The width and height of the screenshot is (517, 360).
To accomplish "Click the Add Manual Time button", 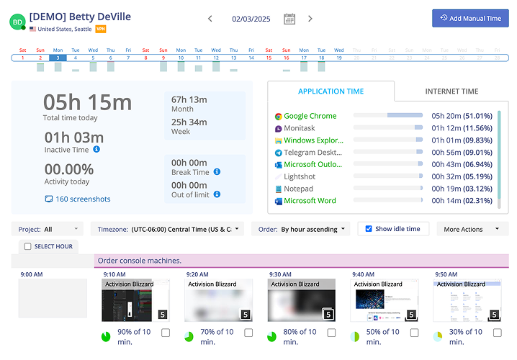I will coord(470,18).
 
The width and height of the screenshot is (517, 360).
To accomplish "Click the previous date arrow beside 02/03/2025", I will coord(210,19).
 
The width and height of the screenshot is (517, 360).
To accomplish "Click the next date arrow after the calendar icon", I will coord(310,19).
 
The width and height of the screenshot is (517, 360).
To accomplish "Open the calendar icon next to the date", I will coord(289,19).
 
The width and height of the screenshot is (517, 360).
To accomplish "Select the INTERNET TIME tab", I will coord(451,91).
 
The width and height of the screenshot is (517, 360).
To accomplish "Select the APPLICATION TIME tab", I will coord(331,91).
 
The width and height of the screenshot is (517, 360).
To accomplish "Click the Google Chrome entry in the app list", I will coord(310,116).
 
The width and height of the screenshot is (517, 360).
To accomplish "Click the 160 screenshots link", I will coord(83,199).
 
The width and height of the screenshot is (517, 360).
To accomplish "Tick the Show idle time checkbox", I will coord(369,229).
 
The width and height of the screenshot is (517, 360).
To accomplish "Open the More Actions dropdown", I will coord(472,229).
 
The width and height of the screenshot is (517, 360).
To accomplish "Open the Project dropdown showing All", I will coord(48,229).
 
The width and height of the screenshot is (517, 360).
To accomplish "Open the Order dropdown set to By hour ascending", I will coord(301,229).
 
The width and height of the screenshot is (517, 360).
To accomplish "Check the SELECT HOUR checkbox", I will coord(28,246).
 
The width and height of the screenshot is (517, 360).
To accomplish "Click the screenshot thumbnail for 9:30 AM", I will coord(301,300).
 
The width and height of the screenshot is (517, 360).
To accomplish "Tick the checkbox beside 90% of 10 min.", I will coord(166,333).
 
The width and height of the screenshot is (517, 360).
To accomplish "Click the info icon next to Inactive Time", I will coord(96,150).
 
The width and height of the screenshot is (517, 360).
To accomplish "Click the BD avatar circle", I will coord(17,22).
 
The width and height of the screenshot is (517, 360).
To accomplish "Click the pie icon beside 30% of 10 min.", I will coord(438,336).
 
